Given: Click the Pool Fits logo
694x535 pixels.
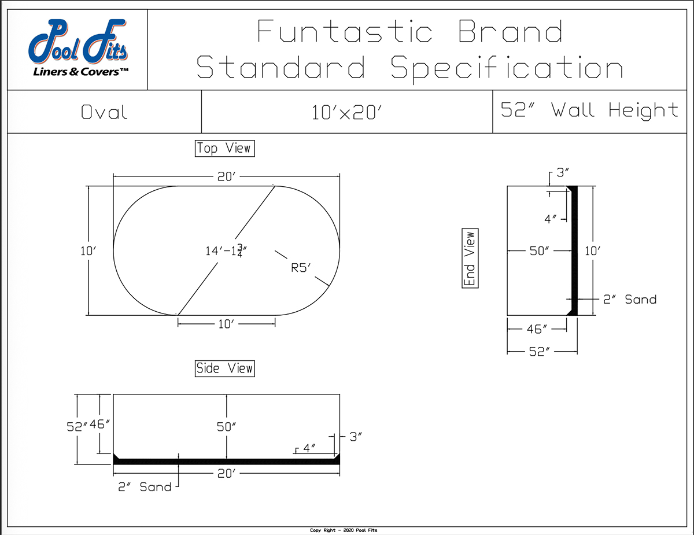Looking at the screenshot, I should point(79,49).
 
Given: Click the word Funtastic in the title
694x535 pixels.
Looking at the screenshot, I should point(344,32).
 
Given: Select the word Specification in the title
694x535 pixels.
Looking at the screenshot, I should point(507,68).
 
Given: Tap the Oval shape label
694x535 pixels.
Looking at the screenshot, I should point(104,112).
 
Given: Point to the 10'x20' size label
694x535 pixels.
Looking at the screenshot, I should point(347,112).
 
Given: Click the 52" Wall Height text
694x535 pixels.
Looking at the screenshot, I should point(589,110).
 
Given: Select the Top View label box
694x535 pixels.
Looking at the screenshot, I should point(224,149).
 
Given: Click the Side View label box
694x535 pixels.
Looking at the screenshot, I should point(224,368).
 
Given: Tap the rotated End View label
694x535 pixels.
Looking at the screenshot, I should point(470,259).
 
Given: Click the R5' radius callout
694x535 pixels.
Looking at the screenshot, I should point(300,267).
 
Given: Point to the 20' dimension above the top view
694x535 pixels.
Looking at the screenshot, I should point(226,177).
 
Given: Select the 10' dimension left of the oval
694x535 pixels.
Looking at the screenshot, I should point(88,251).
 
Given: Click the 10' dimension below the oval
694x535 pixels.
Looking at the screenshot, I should point(226,324).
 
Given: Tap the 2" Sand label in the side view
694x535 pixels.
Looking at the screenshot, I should point(145,487).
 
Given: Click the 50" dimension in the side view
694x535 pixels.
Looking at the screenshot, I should point(227,427).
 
